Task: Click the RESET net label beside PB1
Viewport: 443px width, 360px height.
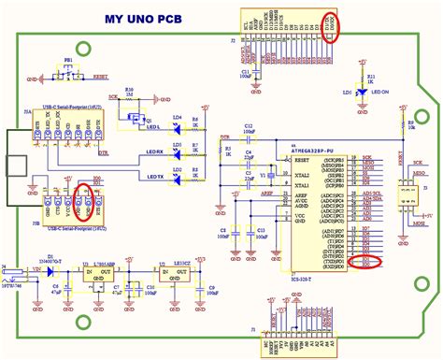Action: (x=102, y=81)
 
